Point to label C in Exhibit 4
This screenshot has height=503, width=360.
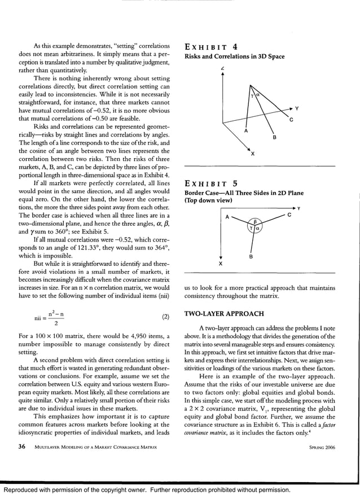(x=291, y=120)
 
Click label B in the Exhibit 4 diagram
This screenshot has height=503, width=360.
(x=274, y=137)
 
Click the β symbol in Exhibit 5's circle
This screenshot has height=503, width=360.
(x=254, y=221)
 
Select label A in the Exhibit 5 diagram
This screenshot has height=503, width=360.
(x=227, y=217)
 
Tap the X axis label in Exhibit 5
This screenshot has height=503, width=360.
(x=220, y=263)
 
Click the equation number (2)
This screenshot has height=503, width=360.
(x=165, y=317)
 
